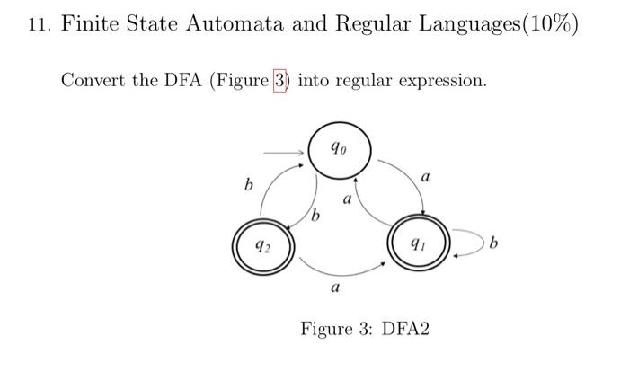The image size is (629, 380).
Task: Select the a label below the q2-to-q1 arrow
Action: tap(335, 289)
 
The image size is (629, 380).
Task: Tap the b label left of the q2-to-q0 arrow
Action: tap(248, 186)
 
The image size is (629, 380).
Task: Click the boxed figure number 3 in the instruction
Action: tap(279, 80)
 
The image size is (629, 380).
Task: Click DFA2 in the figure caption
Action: tap(406, 328)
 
